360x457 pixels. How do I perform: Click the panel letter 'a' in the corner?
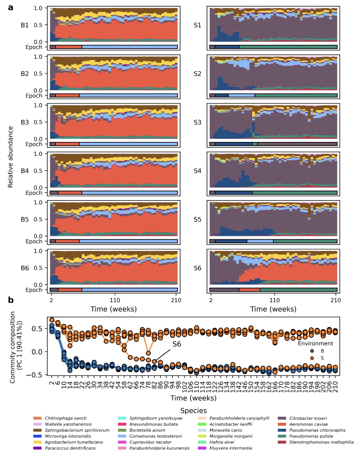(x=11, y=8)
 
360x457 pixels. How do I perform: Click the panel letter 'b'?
(x=11, y=300)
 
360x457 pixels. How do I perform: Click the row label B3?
(x=25, y=122)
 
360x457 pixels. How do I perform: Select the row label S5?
(x=197, y=219)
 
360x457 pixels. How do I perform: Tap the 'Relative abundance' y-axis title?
(x=10, y=157)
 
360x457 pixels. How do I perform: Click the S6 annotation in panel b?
(x=177, y=344)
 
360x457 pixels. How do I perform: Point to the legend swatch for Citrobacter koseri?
(x=282, y=418)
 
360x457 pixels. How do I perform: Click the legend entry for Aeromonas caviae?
(x=308, y=424)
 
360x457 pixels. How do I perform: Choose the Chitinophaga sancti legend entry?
(x=65, y=418)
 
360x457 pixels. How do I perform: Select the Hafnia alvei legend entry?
(x=222, y=442)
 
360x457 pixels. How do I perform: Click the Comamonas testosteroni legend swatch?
(x=122, y=436)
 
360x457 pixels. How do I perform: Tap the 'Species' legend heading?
(x=194, y=410)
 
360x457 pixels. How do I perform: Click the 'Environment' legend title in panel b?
(x=315, y=343)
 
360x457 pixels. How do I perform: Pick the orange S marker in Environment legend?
(x=312, y=358)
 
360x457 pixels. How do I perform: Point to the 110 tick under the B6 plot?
(x=115, y=300)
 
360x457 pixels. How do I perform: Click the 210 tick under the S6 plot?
(x=335, y=300)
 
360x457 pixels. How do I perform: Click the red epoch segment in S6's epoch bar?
(x=249, y=290)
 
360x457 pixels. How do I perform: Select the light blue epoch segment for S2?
(x=241, y=95)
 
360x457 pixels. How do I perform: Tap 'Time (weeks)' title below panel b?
(x=194, y=398)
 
